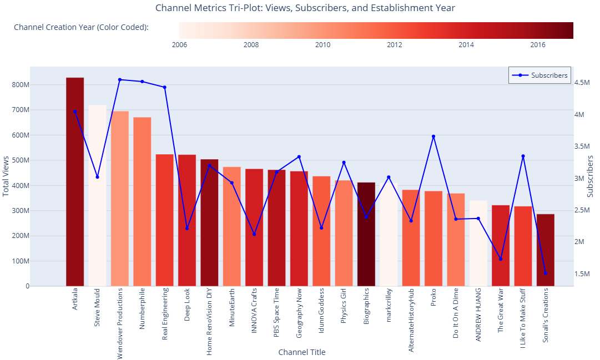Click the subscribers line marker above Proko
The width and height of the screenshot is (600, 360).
(x=433, y=136)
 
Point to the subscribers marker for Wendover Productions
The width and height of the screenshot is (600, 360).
(x=120, y=80)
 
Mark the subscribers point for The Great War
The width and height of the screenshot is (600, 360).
(x=501, y=259)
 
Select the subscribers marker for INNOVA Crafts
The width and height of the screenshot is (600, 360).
(x=254, y=234)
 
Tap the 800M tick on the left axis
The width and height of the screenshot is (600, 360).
(x=19, y=85)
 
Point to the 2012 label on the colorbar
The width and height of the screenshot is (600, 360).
(x=395, y=45)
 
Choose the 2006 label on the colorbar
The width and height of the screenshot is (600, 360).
(x=180, y=45)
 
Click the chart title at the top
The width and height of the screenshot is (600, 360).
(x=305, y=8)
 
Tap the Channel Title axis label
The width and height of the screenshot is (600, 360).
(x=301, y=352)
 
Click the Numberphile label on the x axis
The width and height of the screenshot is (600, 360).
(x=142, y=308)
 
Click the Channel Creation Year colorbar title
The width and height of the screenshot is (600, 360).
(x=81, y=27)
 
